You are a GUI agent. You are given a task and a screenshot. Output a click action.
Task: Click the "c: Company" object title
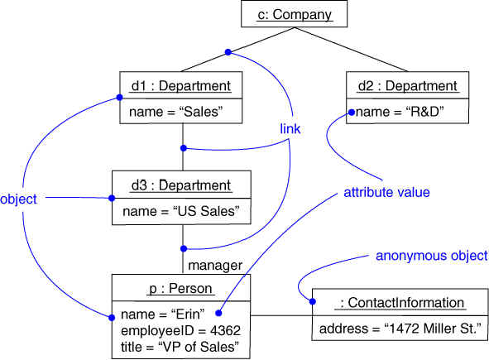pos(294,15)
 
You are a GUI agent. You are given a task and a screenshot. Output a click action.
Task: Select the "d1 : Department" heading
pos(181,86)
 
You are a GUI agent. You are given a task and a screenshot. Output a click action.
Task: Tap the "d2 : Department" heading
pos(407,86)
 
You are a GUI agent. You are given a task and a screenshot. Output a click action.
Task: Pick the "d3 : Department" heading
pos(181,185)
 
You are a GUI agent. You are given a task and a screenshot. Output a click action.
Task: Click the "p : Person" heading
pos(181,288)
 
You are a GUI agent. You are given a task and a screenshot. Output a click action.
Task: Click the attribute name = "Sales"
pos(176,112)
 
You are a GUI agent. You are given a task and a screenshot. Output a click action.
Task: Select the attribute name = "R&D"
pos(400,112)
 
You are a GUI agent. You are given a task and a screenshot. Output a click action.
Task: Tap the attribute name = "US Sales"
pos(181,211)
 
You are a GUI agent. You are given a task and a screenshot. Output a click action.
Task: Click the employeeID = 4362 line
pos(180,331)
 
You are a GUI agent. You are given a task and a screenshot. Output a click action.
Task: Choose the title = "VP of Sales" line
pos(180,347)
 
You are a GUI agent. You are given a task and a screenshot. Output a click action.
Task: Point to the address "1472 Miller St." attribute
pos(400,329)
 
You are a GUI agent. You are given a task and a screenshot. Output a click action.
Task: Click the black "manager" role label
pos(215,266)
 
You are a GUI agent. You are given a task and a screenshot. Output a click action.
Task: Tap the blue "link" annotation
pos(290,129)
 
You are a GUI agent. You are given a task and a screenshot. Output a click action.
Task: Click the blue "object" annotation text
pos(18,199)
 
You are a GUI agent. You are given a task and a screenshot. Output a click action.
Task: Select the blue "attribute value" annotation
pos(386,192)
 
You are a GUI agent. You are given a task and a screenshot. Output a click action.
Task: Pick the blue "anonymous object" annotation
pos(432,256)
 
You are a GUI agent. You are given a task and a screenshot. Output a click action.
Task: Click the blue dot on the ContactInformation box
pos(313,301)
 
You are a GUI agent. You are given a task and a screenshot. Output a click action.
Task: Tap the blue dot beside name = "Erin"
pos(218,313)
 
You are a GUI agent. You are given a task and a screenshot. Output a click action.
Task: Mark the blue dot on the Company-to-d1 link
pos(228,52)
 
